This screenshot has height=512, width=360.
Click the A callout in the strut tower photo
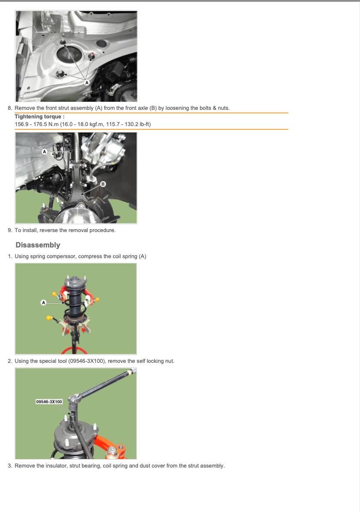[86, 82]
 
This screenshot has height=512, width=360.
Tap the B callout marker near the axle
[103, 184]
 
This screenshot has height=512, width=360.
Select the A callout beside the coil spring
[44, 303]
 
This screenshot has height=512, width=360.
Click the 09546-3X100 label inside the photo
[49, 402]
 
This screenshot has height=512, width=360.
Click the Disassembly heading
[38, 245]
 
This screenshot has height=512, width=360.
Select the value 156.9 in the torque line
[21, 124]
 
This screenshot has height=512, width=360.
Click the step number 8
[10, 108]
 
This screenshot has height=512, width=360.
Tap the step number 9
[10, 230]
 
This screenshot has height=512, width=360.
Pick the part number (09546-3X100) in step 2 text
[87, 361]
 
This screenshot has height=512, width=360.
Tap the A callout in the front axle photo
[44, 152]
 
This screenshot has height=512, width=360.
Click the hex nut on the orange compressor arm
[112, 452]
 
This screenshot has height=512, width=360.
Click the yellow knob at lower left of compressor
[50, 318]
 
